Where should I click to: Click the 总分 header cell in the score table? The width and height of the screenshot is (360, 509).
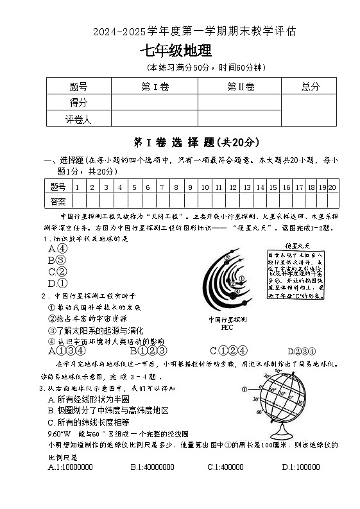tap(310, 87)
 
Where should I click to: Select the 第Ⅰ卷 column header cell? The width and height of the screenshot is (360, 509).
tap(154, 87)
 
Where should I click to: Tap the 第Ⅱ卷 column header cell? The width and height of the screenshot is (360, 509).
tap(241, 87)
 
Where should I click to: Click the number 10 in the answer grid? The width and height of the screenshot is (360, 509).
tap(204, 187)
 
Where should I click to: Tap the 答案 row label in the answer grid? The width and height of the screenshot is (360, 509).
tap(58, 201)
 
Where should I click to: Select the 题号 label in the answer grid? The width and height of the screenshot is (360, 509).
tap(58, 187)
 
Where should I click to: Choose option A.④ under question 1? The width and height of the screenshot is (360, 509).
tap(58, 248)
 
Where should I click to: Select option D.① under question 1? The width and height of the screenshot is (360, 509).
tap(58, 282)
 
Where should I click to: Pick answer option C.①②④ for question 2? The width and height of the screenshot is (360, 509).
tap(228, 350)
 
